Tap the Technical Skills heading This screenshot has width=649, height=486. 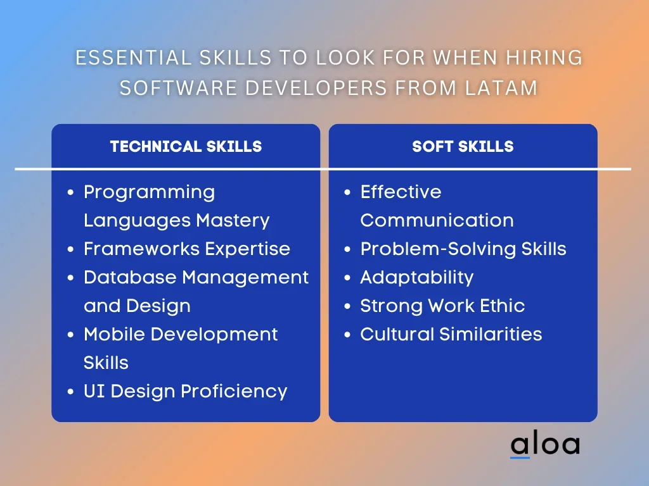point(186,146)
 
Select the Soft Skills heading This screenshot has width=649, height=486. point(463,146)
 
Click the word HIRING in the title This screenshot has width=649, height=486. point(544,58)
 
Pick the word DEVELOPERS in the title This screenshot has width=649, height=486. point(316,87)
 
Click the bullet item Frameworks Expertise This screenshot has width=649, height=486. point(187,249)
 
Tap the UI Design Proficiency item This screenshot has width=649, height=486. point(185,391)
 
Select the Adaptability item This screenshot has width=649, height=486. point(417,278)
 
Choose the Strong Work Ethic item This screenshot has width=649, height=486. point(442,306)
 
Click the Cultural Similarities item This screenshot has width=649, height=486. point(451,334)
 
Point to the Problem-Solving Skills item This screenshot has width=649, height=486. point(463,249)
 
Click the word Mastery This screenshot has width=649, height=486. point(233,221)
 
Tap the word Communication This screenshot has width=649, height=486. point(437,220)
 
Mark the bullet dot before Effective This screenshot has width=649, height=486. point(347,192)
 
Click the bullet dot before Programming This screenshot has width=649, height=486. point(70,192)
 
